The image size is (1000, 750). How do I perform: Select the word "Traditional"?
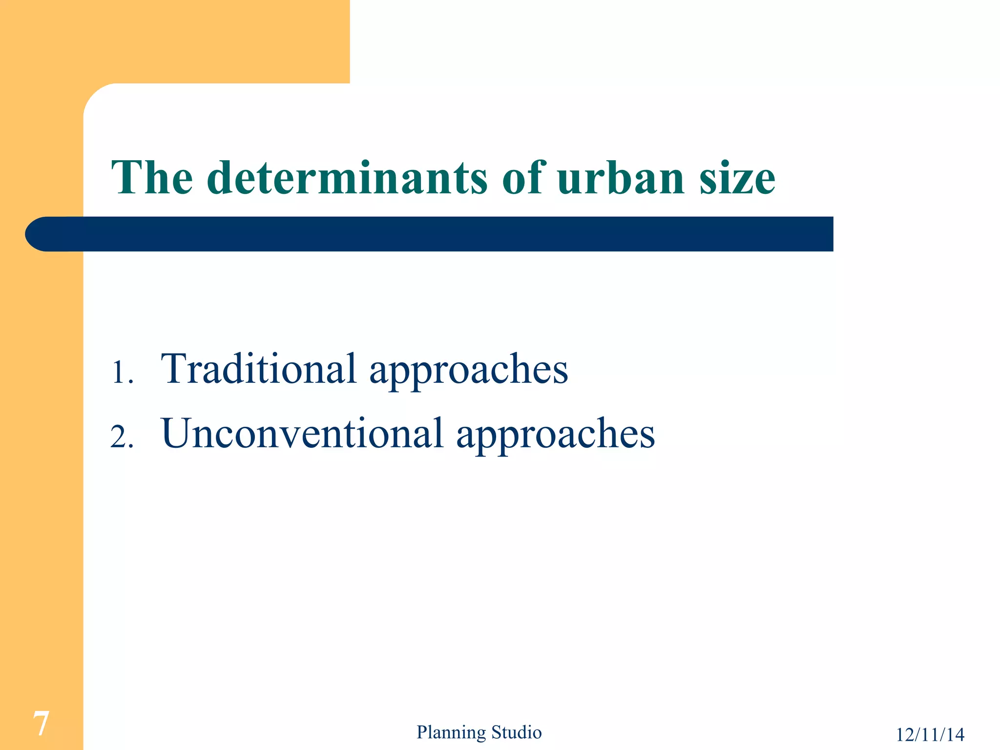[x=259, y=369]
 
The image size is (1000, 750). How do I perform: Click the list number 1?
[x=122, y=373]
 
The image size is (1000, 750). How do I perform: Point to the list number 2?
[x=122, y=437]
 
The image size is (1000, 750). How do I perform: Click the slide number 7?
[x=41, y=724]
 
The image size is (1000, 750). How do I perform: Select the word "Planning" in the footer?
[x=451, y=732]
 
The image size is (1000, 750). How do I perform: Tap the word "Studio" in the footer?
[x=517, y=732]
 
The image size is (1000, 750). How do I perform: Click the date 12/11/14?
[x=930, y=734]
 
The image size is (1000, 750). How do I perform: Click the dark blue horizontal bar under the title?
[x=439, y=234]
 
